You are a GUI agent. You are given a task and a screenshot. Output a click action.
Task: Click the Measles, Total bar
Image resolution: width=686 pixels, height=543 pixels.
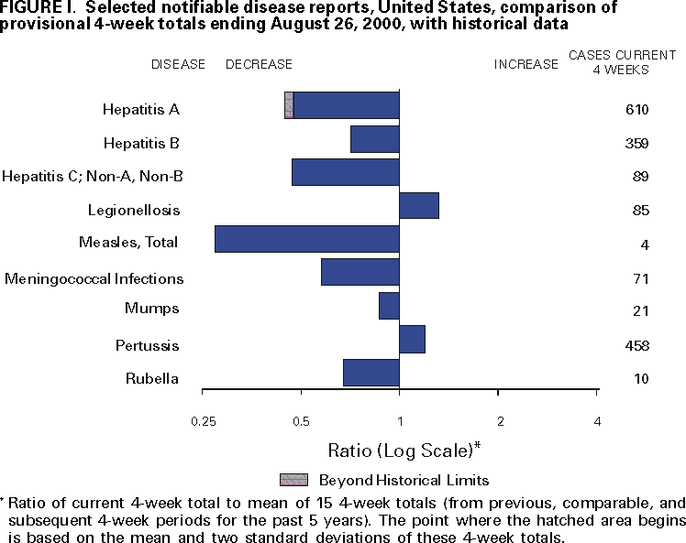[307, 239]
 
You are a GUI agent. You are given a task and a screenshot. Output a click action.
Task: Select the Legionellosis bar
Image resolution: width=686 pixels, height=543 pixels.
[419, 206]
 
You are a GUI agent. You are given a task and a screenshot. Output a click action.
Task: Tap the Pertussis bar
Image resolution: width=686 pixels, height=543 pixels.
[412, 339]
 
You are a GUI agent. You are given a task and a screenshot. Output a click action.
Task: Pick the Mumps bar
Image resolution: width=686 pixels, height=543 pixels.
[389, 306]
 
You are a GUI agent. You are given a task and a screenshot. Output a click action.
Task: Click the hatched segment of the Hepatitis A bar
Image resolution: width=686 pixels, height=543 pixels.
[289, 105]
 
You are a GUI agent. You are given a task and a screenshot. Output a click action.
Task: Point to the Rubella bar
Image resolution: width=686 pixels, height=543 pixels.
[371, 373]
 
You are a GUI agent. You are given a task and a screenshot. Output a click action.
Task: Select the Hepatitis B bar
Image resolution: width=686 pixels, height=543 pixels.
[375, 139]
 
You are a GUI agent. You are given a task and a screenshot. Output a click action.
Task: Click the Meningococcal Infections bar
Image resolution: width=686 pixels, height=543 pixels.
[360, 272]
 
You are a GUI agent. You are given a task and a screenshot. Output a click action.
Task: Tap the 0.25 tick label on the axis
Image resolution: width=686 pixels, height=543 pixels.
[204, 421]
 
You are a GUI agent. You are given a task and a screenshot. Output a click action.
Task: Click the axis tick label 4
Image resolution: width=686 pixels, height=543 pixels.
[597, 421]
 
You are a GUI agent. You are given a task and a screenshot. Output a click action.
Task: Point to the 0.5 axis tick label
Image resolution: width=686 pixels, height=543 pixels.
[301, 421]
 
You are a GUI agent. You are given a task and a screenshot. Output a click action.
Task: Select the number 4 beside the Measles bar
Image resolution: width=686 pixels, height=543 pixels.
[645, 244]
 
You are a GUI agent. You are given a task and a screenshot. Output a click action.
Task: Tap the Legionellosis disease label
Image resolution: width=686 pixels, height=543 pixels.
[134, 211]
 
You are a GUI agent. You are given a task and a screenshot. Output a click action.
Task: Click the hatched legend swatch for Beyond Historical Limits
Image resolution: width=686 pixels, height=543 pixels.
[293, 480]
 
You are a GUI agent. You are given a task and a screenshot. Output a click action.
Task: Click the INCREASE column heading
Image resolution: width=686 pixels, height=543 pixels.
[526, 64]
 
